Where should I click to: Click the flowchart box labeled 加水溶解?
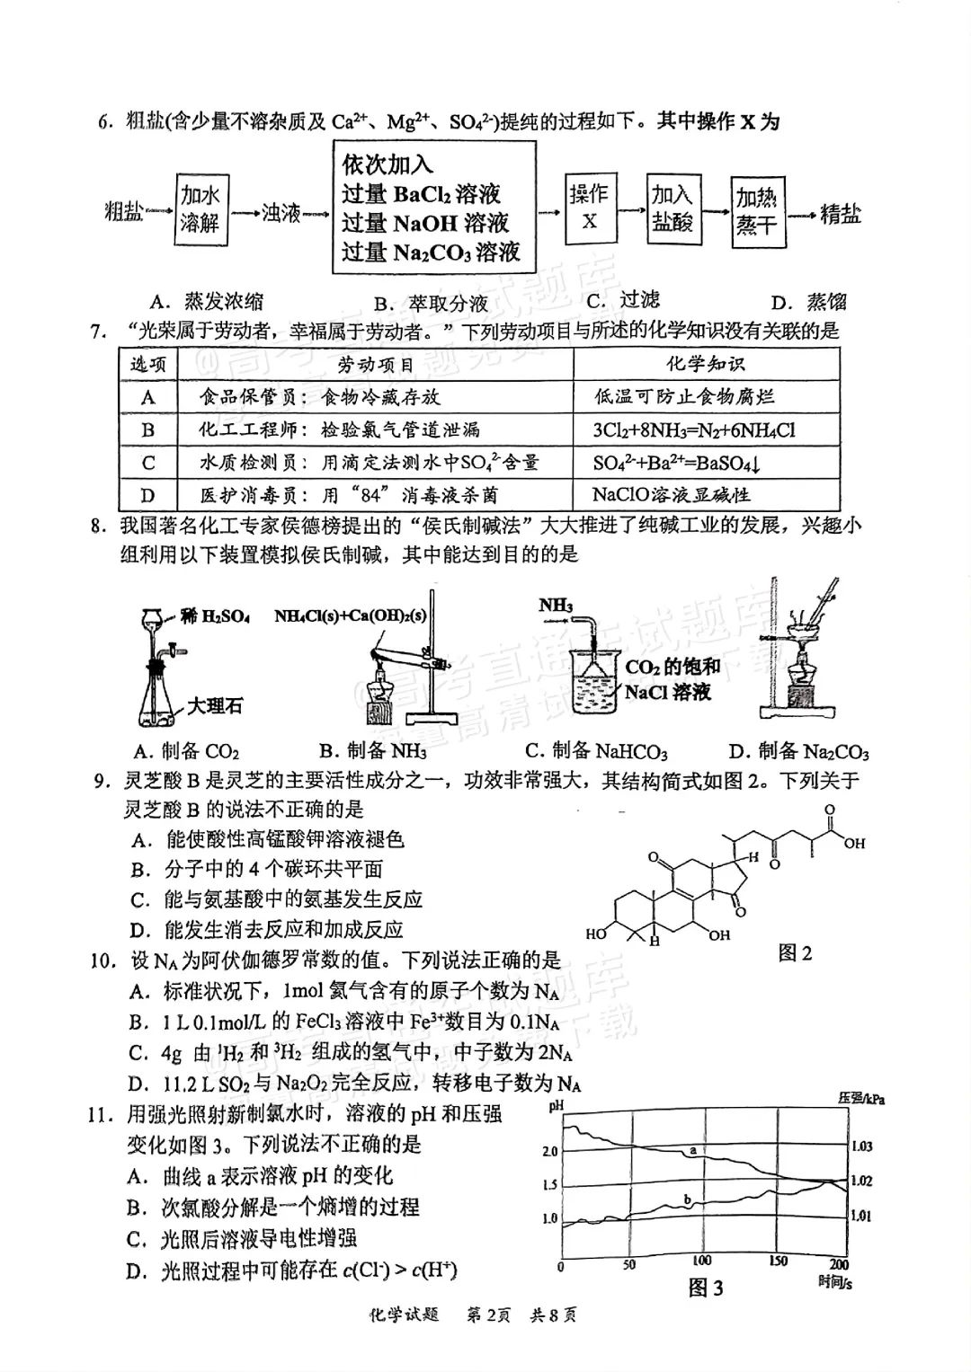[200, 209]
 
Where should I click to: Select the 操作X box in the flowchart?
[590, 208]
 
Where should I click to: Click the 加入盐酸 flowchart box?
[673, 208]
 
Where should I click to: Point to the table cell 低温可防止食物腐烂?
[684, 396]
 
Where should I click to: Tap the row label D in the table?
[148, 495]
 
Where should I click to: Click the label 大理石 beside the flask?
[215, 706]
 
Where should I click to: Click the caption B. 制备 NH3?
[372, 751]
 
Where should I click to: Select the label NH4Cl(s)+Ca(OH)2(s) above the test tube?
[350, 615]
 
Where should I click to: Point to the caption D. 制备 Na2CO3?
[799, 751]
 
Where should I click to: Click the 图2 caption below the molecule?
[795, 953]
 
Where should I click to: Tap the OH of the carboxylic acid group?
[854, 844]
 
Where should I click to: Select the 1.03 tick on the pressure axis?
[861, 1146]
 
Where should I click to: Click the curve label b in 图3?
[688, 1199]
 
